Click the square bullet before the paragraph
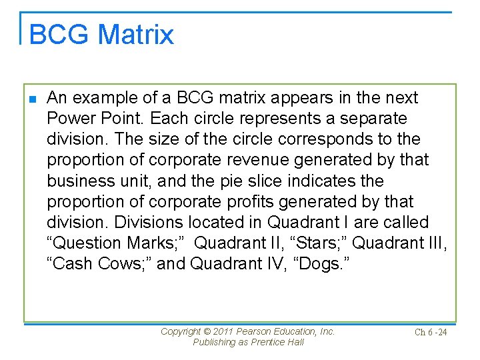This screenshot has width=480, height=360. click(x=34, y=99)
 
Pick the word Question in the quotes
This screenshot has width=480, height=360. click(x=85, y=243)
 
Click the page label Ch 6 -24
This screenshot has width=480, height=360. click(x=431, y=332)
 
